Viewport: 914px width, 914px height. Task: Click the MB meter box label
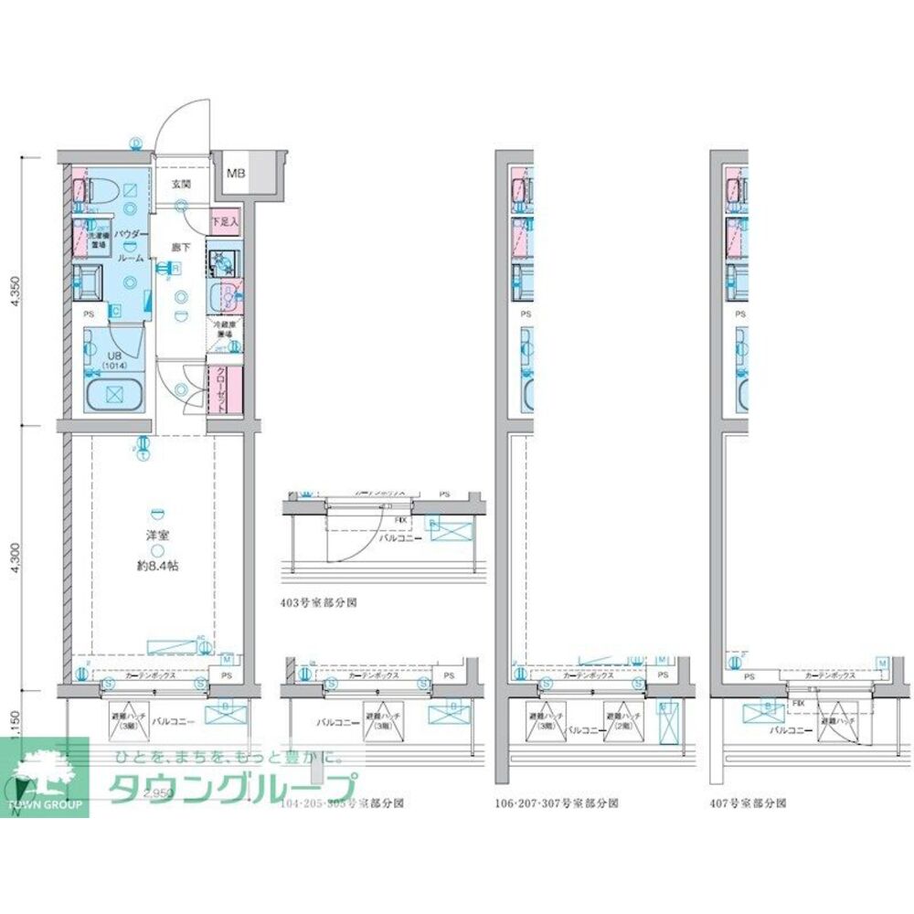[x=237, y=173]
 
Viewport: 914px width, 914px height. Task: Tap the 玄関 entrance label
[x=180, y=184]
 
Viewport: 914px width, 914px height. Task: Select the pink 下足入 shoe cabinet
[x=224, y=220]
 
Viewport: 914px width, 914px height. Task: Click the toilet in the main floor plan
[x=101, y=190]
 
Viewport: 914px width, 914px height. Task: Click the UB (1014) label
[x=113, y=361]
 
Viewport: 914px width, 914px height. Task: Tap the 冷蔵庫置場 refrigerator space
[x=225, y=330]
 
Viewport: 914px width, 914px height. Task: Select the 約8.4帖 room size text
[x=157, y=566]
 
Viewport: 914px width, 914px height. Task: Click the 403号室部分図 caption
[x=318, y=603]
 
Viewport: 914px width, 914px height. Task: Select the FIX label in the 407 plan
[x=798, y=704]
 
